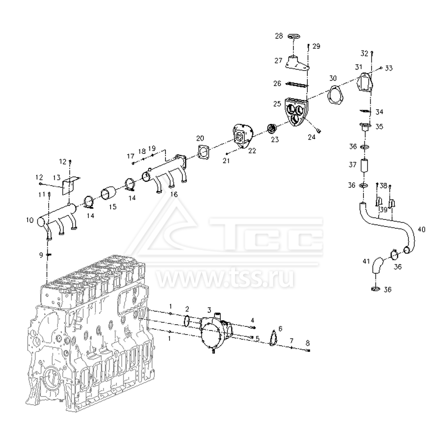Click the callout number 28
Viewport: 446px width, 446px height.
click(x=279, y=36)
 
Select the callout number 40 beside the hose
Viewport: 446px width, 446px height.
click(x=421, y=229)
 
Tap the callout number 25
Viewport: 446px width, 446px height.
click(x=277, y=104)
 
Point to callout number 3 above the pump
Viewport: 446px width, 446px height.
click(x=209, y=310)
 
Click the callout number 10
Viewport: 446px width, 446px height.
click(x=30, y=220)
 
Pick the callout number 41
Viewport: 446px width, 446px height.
click(x=366, y=261)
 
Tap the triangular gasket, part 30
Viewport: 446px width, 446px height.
click(x=336, y=95)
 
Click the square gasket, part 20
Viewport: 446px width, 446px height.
click(x=203, y=151)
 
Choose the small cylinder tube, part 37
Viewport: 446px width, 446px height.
click(x=364, y=165)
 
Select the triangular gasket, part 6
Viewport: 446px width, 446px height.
click(x=273, y=338)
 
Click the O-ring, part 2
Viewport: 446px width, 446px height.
click(x=186, y=321)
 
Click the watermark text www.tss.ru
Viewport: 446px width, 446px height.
click(x=225, y=278)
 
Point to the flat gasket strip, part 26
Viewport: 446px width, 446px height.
click(x=297, y=84)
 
